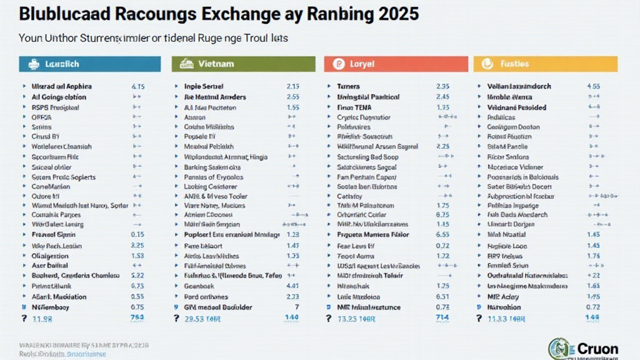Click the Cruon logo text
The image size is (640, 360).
coord(597,348)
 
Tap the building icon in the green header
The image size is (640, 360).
coord(186,64)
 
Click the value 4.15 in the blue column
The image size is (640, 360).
coord(138,86)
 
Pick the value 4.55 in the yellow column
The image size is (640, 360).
coord(593,86)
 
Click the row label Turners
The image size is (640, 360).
coord(349,86)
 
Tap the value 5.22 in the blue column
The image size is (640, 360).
coord(138,276)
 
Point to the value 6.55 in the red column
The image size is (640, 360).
coord(442,234)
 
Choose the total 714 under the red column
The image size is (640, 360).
coord(442,318)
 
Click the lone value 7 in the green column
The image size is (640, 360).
coord(296,307)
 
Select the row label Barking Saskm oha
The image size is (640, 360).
coord(212,167)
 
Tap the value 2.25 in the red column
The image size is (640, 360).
coord(442,146)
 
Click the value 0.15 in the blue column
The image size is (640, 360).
coord(138,234)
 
